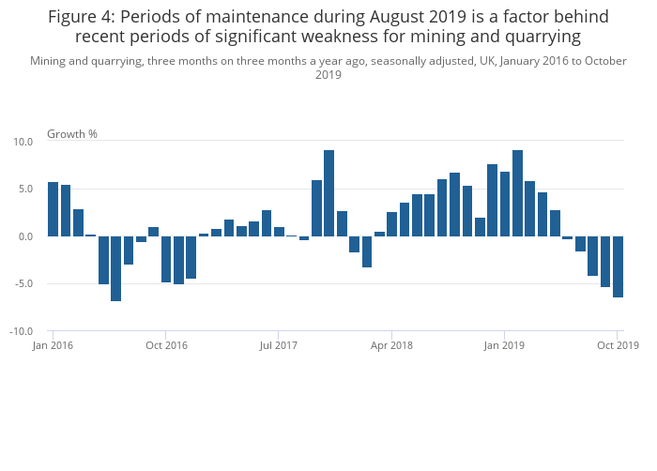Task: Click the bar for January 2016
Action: (53, 209)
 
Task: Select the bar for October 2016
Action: (166, 259)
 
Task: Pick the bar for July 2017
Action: (279, 232)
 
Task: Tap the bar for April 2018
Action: (391, 224)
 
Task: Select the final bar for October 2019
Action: (618, 266)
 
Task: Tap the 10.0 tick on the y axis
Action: (23, 142)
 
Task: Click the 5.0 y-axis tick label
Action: (25, 189)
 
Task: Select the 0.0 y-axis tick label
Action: (25, 236)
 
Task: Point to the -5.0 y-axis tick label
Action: (23, 284)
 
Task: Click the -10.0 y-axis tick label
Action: (22, 332)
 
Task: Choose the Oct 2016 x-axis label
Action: (166, 345)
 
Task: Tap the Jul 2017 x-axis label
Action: (279, 345)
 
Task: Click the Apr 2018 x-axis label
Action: (391, 345)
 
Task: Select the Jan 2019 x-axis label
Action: (505, 345)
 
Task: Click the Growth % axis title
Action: (72, 133)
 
